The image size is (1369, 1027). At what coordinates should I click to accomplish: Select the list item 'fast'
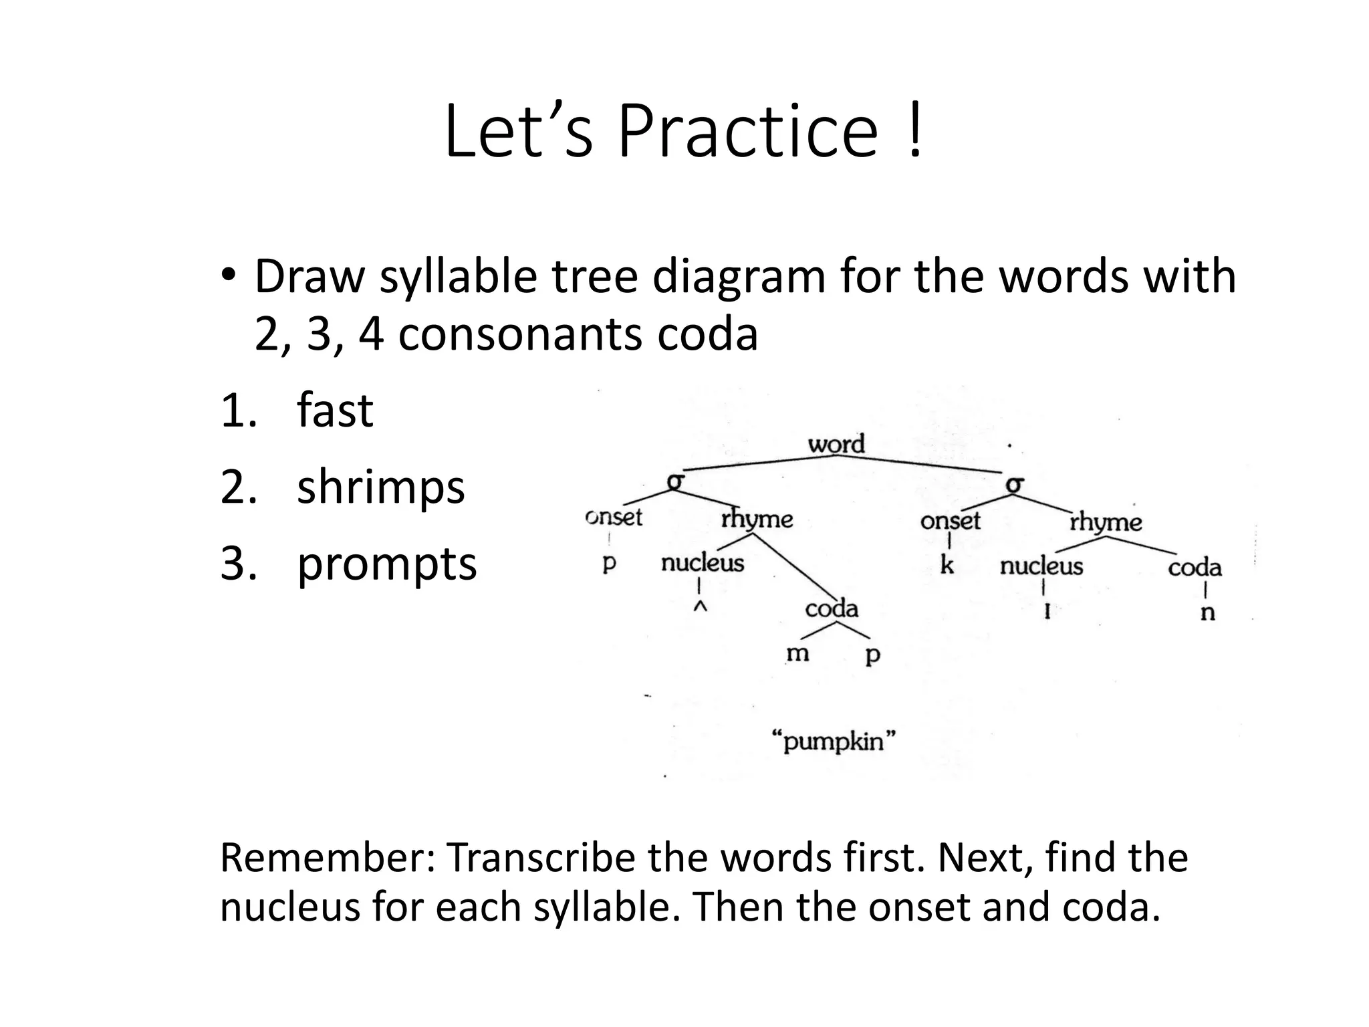click(x=334, y=411)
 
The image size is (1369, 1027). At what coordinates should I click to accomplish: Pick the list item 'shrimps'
click(x=380, y=487)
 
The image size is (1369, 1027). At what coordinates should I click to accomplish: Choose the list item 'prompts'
click(x=386, y=564)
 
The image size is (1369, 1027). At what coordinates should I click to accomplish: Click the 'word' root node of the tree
click(x=836, y=444)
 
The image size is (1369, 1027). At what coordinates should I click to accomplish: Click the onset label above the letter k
click(x=950, y=521)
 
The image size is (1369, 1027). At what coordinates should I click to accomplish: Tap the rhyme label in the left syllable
click(x=757, y=519)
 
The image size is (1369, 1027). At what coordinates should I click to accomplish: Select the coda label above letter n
click(x=1195, y=568)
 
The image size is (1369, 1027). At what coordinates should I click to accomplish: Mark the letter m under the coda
click(x=797, y=653)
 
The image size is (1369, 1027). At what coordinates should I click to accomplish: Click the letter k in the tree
click(x=947, y=566)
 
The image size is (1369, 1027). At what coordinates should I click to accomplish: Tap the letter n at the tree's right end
click(x=1207, y=612)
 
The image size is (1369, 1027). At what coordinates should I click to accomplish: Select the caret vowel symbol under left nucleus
click(x=699, y=607)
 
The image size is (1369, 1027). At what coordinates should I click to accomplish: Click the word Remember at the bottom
click(x=327, y=859)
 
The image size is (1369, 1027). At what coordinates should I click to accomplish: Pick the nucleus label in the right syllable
click(x=1041, y=567)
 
